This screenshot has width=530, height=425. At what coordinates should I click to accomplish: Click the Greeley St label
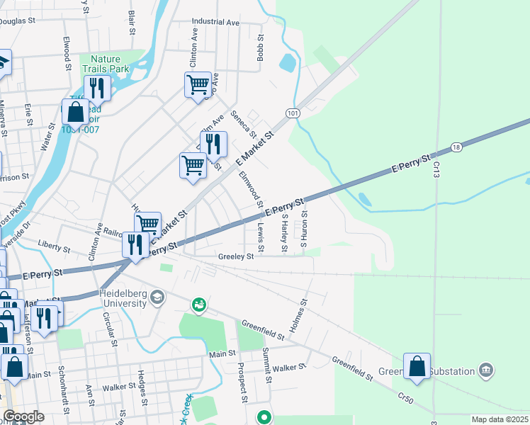236,257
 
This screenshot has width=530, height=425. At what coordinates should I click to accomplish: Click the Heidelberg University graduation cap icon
157,297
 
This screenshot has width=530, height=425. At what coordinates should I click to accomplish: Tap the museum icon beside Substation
485,370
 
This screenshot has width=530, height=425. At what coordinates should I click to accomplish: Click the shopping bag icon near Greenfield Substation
417,367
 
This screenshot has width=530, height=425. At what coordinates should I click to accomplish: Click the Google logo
23,416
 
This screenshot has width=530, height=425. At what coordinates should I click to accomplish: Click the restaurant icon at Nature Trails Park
96,88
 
